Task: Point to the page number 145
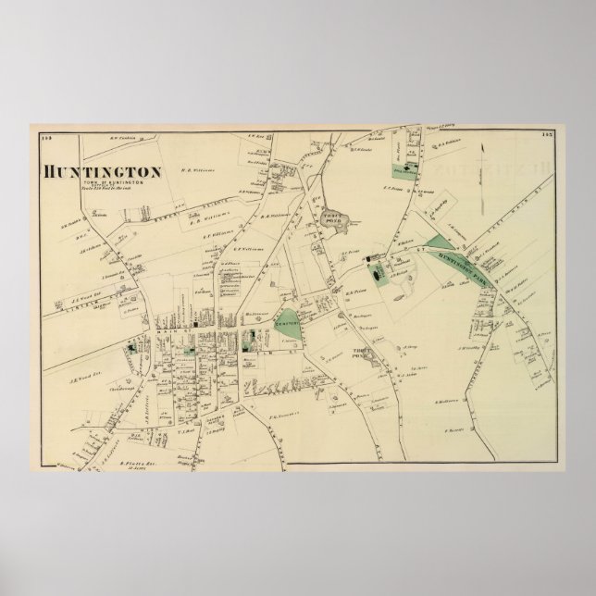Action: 547,138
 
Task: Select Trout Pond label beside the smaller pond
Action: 363,353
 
